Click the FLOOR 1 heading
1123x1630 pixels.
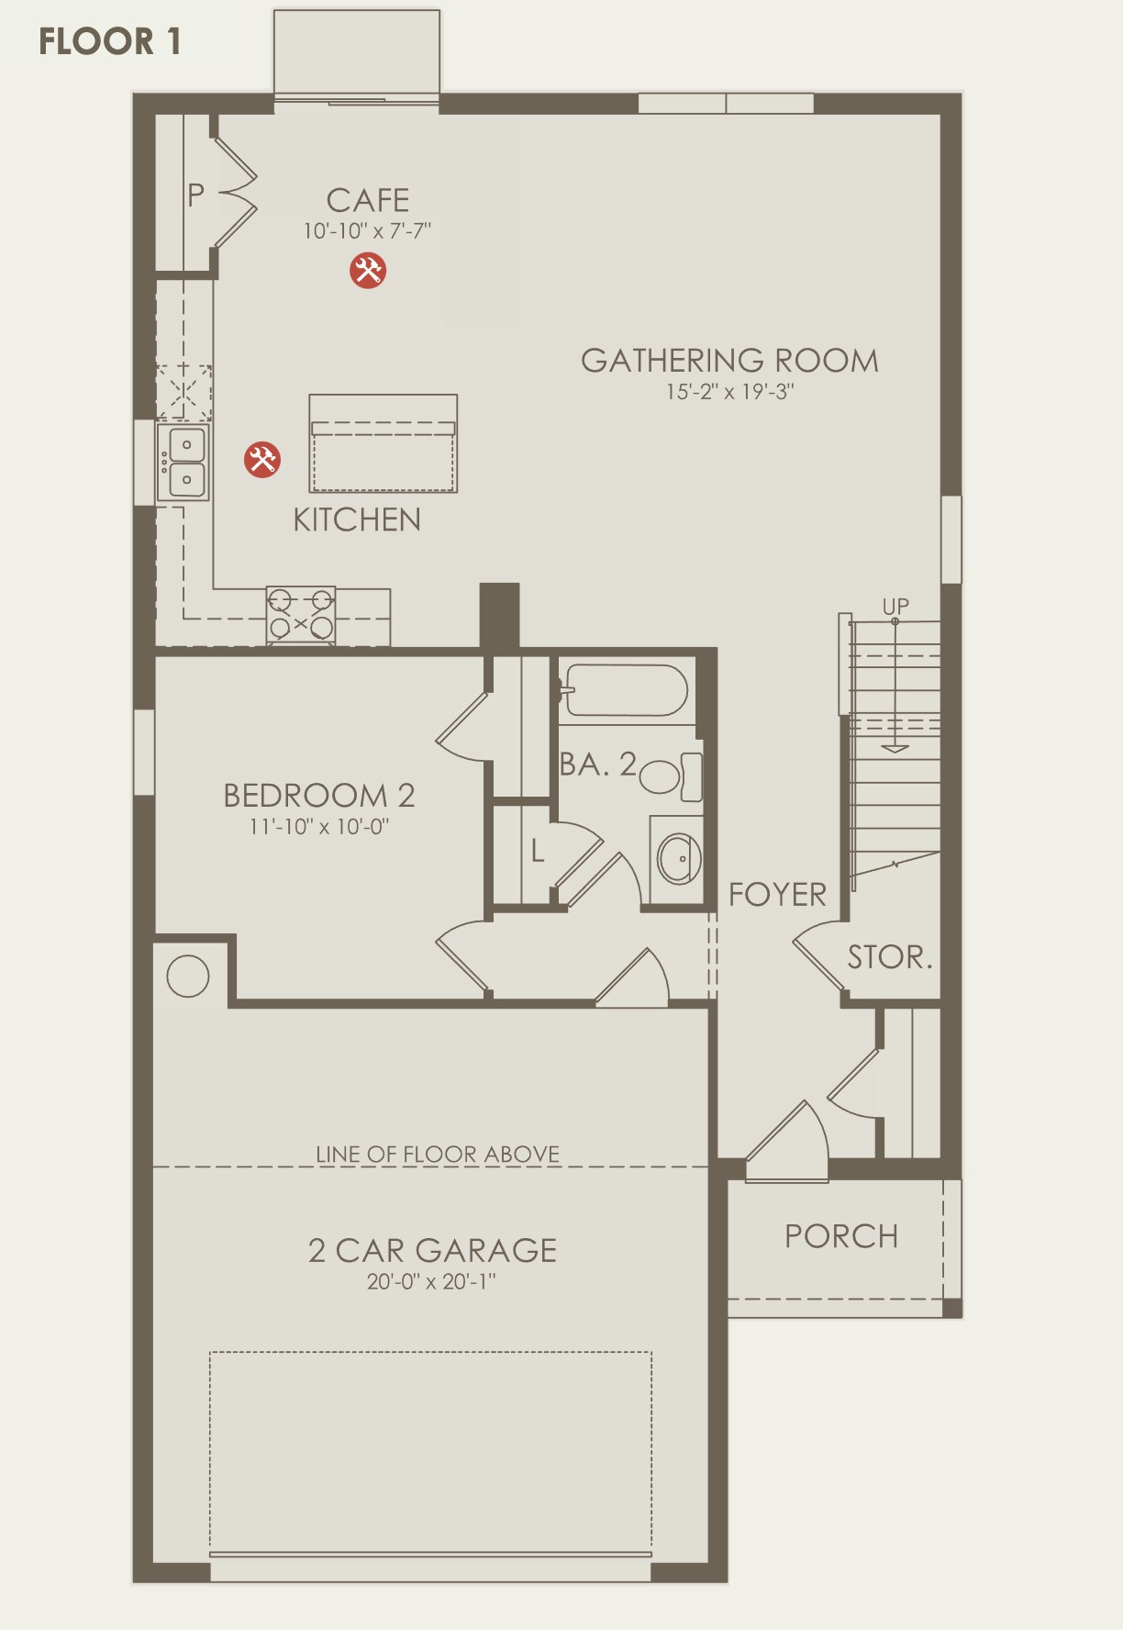point(110,41)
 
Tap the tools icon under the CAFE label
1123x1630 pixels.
point(368,270)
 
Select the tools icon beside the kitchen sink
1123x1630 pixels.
point(261,459)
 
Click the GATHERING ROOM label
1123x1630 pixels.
point(729,361)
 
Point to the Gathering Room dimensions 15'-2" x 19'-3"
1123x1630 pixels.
point(729,392)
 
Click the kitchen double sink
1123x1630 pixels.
point(183,462)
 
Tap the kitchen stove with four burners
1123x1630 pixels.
point(301,615)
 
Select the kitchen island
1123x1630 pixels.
point(384,444)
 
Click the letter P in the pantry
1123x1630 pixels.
point(195,195)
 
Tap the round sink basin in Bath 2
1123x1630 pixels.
point(680,859)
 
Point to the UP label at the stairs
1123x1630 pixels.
point(895,607)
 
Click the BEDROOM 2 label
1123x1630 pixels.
point(319,795)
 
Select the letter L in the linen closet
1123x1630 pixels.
point(538,851)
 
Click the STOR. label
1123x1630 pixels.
point(889,957)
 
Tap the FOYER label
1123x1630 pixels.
point(777,895)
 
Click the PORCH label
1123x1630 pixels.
point(841,1236)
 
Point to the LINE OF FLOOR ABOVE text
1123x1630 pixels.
point(438,1154)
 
